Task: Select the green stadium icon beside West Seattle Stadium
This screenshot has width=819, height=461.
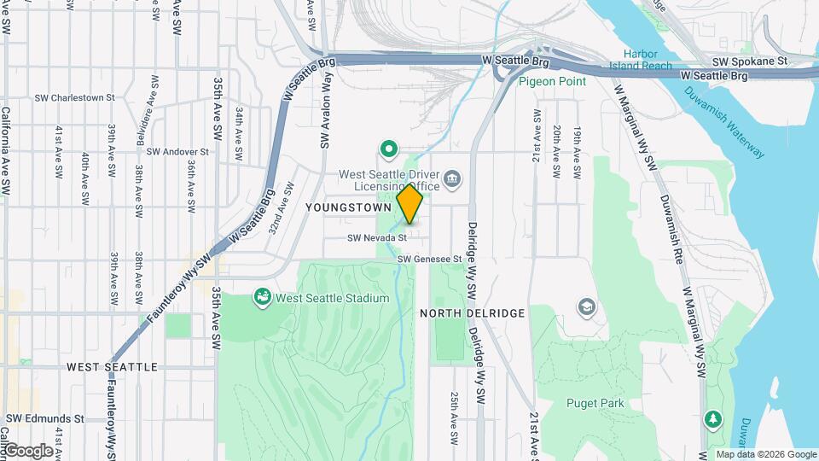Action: coord(263,297)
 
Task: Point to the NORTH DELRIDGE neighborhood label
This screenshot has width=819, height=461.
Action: coord(472,313)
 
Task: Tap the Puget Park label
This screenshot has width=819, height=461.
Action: coord(595,403)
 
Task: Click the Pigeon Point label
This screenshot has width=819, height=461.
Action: coord(553,81)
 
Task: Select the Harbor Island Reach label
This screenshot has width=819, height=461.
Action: coord(641,60)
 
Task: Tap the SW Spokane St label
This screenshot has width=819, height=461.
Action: coord(752,61)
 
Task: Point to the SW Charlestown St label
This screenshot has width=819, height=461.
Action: coord(75,98)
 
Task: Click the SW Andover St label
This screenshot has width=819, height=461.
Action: coord(178,152)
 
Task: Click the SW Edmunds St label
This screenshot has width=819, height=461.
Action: coord(45,419)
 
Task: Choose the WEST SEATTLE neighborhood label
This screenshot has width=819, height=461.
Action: coord(112,367)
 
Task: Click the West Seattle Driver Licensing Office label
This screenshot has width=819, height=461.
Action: coord(389,180)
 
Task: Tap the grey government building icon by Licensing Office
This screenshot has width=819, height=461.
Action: coord(453,179)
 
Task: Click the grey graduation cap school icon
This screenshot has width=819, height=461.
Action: coord(586,306)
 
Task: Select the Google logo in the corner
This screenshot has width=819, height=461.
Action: coord(28,450)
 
